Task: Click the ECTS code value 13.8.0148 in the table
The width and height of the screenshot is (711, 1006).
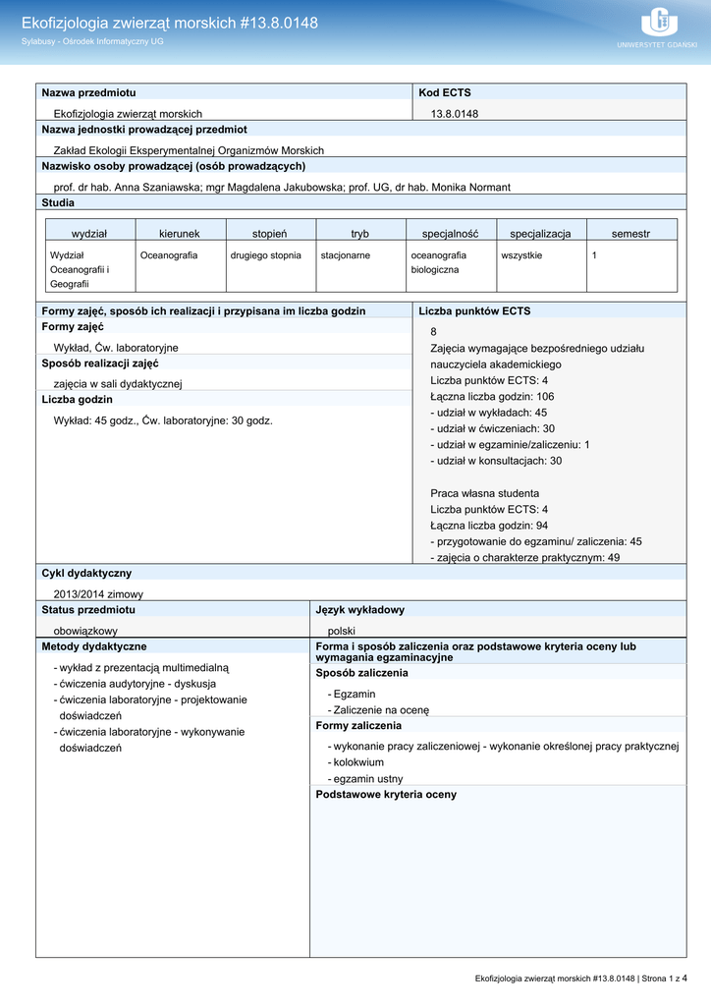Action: point(455,114)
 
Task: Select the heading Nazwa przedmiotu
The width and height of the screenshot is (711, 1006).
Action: point(89,92)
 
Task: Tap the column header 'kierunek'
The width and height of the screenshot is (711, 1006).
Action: point(179,233)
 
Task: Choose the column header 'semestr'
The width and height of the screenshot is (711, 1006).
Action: point(630,233)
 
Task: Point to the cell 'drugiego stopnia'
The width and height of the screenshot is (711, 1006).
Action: point(265,255)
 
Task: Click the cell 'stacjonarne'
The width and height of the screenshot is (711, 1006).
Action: point(346,255)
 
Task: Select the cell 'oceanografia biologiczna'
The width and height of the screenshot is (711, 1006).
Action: point(439,262)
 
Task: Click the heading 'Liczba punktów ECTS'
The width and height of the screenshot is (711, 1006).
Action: point(474,310)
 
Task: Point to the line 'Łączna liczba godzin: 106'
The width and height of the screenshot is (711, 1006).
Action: point(492,396)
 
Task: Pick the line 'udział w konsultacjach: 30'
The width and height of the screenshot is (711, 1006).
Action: point(496,460)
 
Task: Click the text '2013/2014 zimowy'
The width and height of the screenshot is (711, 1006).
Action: point(98,593)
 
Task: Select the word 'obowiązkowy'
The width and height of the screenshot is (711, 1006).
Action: point(85,631)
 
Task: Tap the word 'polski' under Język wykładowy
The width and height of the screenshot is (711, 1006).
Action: point(341,631)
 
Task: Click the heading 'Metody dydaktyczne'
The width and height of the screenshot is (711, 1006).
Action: point(94,646)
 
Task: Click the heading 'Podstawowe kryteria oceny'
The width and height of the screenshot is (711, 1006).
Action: point(386,794)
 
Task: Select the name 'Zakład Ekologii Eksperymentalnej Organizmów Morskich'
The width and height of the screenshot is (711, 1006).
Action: point(189,150)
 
